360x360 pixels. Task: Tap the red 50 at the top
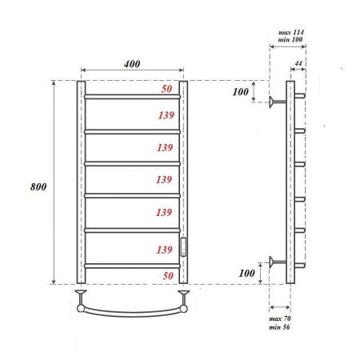[x=167, y=88]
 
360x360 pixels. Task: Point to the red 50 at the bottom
[x=167, y=274]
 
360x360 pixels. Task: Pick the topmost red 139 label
[x=166, y=115]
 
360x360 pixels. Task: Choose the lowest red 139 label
[x=166, y=250]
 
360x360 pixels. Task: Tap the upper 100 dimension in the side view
[x=241, y=92]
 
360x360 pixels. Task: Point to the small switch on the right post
[x=183, y=246]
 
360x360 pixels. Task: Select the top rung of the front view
[x=131, y=97]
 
